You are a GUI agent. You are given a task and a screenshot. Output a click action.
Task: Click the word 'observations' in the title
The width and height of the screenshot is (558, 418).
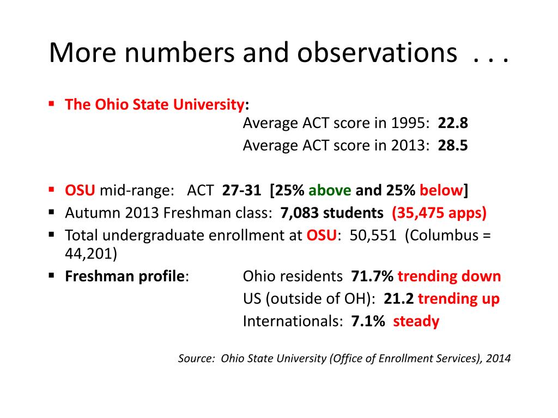[377, 53]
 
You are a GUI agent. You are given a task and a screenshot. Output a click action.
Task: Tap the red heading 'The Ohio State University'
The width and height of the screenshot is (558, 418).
[155, 104]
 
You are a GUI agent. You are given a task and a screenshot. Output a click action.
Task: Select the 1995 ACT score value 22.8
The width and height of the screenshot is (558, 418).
[453, 123]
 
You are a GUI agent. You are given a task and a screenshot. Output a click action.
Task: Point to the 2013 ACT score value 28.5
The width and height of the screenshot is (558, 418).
[453, 145]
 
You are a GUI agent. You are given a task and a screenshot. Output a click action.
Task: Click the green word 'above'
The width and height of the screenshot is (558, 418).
[330, 190]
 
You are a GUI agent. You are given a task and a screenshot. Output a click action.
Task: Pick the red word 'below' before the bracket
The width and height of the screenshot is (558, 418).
[441, 190]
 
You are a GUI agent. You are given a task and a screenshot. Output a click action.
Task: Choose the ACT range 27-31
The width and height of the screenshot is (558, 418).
[241, 190]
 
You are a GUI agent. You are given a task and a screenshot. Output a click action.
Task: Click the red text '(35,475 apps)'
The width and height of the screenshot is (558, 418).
[439, 213]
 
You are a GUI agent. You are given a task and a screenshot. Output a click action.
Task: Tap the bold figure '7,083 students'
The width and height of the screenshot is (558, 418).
[332, 213]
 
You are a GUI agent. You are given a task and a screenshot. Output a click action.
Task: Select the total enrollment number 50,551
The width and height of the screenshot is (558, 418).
[373, 235]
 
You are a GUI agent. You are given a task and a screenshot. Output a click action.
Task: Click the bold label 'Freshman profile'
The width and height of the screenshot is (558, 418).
[125, 276]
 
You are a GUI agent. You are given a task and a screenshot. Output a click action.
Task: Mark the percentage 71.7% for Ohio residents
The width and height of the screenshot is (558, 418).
[372, 276]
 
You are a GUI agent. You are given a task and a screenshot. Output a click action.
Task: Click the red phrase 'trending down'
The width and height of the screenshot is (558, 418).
[449, 276]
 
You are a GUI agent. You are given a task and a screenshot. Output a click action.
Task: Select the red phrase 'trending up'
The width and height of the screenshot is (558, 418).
[459, 299]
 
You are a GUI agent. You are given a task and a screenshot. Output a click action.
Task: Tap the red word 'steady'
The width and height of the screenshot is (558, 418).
[416, 321]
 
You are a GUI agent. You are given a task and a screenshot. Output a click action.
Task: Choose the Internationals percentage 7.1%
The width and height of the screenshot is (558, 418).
[368, 321]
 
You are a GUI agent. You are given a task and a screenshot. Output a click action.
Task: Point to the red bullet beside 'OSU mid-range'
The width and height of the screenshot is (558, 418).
[52, 189]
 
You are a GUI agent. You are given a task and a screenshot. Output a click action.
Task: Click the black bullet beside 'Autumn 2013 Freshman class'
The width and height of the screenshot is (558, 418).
[52, 212]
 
